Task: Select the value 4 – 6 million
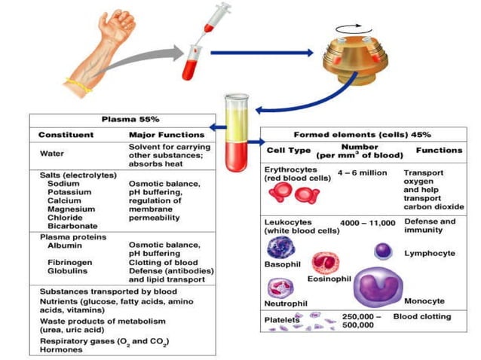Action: pos(362,172)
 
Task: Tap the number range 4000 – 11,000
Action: pos(368,223)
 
